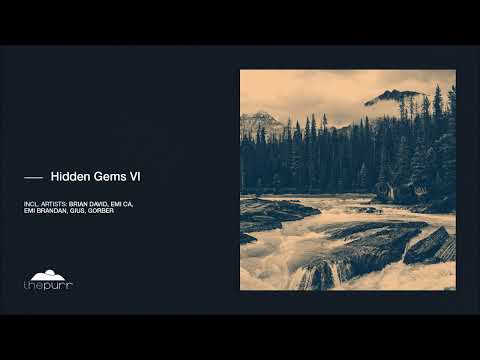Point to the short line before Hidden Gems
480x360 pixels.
[33, 178]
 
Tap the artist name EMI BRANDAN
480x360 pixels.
[45, 211]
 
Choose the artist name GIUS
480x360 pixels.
[77, 211]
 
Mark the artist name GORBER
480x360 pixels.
[101, 211]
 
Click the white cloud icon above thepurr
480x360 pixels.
[48, 275]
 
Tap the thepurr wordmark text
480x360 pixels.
[48, 286]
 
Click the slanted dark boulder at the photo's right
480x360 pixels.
[430, 245]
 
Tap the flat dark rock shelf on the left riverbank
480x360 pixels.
[275, 211]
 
